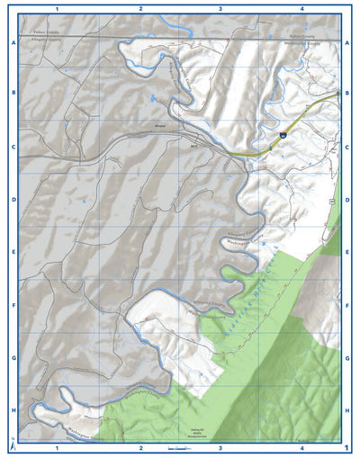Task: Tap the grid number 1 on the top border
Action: click(57, 8)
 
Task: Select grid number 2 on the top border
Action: click(141, 8)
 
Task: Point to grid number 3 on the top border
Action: click(220, 8)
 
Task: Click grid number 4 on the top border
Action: click(302, 8)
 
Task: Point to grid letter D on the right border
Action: click(347, 200)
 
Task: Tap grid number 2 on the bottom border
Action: click(141, 446)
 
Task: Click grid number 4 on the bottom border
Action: click(302, 446)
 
